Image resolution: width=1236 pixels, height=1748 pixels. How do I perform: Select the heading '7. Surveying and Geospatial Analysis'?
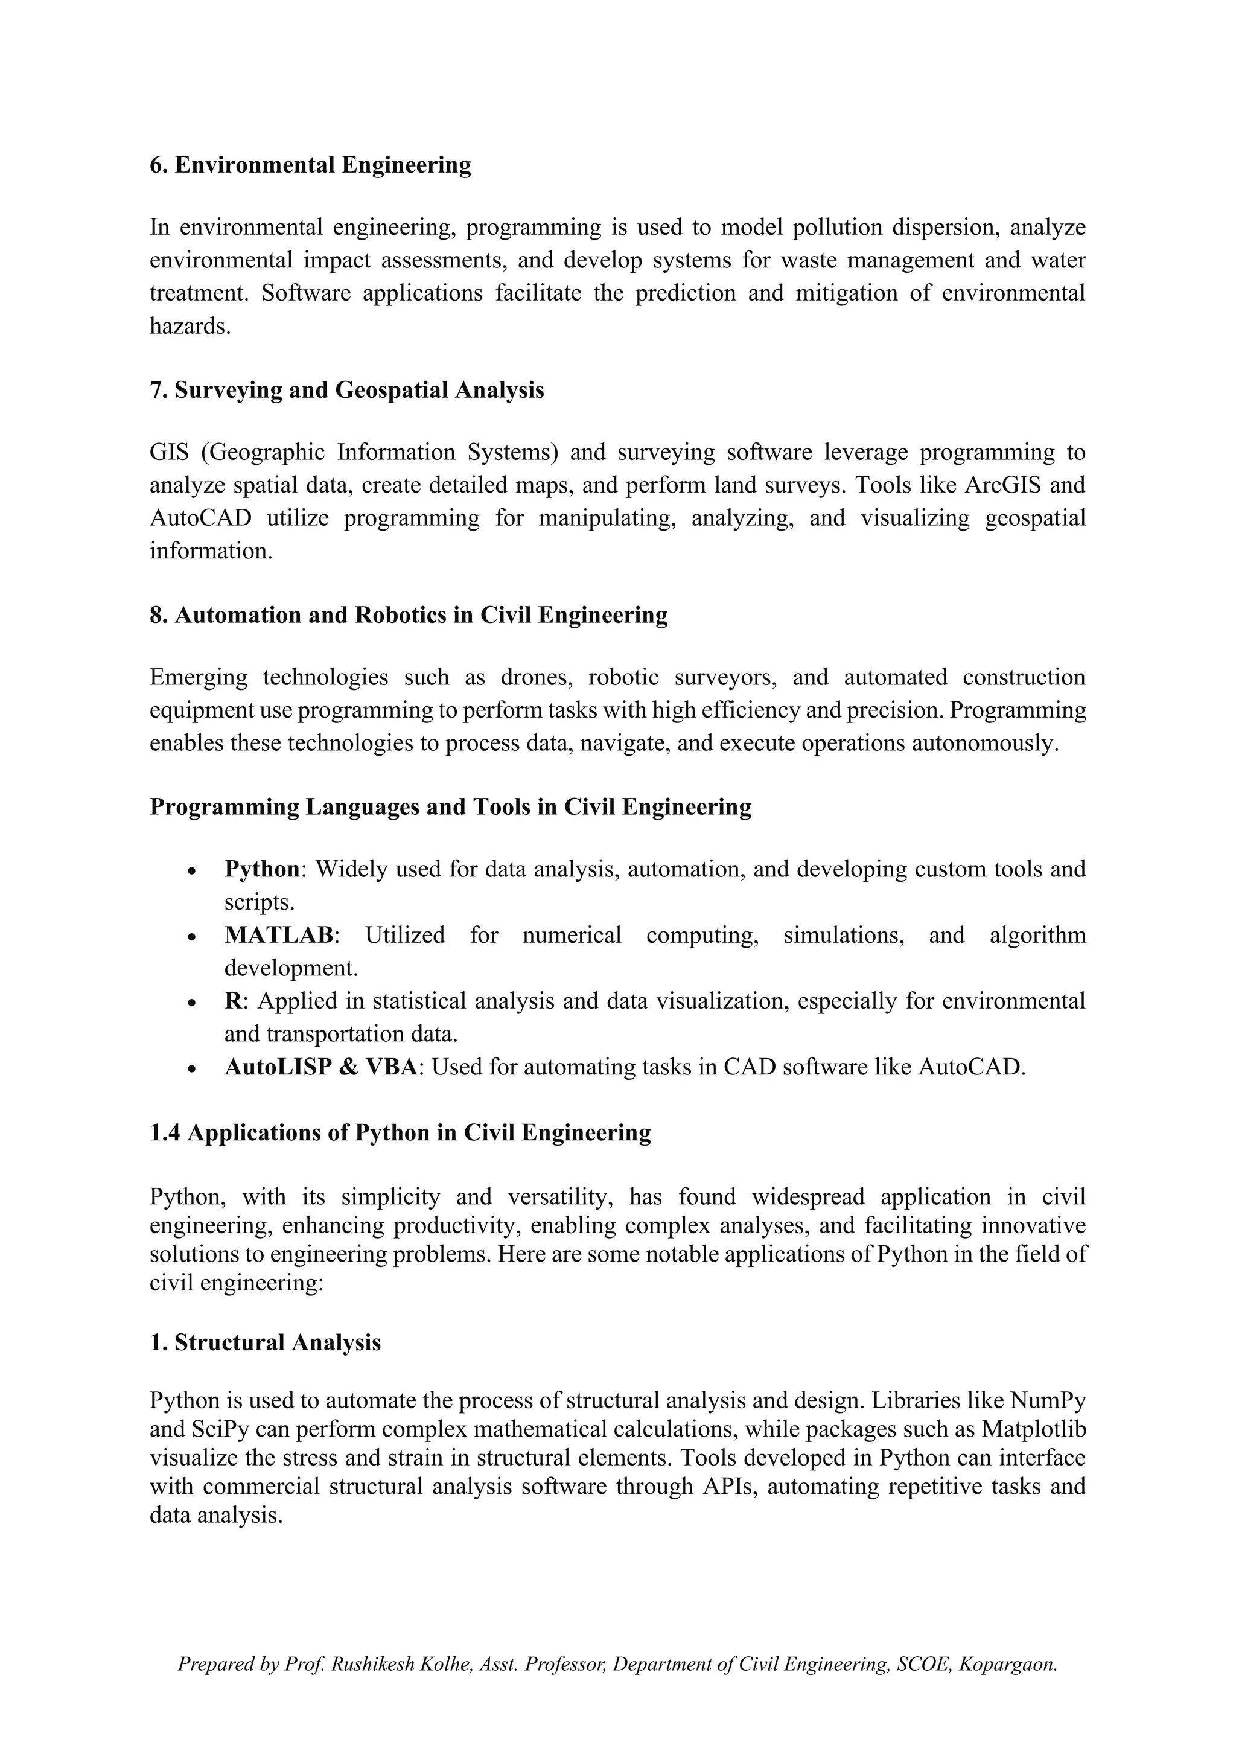pyautogui.click(x=346, y=390)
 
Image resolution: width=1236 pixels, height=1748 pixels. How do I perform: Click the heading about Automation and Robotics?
pyautogui.click(x=408, y=614)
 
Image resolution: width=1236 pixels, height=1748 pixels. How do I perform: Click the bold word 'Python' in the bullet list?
pyautogui.click(x=262, y=869)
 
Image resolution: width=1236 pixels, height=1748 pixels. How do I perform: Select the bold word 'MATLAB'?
pyautogui.click(x=279, y=935)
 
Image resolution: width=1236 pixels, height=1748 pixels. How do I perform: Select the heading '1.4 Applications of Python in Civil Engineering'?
pyautogui.click(x=400, y=1132)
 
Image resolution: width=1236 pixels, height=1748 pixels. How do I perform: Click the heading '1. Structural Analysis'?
pyautogui.click(x=265, y=1342)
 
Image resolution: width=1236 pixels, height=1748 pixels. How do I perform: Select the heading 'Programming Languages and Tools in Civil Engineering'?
pyautogui.click(x=450, y=806)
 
